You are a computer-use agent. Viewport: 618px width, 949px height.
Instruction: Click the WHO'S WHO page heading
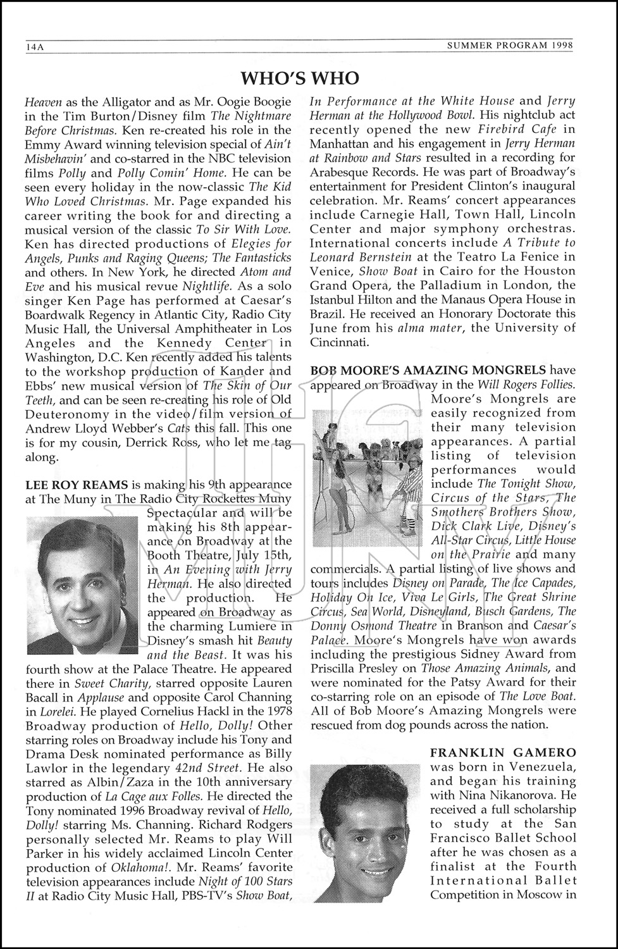pyautogui.click(x=300, y=78)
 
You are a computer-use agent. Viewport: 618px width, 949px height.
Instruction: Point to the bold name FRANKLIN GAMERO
pyautogui.click(x=503, y=752)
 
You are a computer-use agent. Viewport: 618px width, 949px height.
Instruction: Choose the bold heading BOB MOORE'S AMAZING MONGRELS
pyautogui.click(x=428, y=370)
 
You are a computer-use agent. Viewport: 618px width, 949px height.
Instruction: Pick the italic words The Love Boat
pyautogui.click(x=537, y=697)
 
